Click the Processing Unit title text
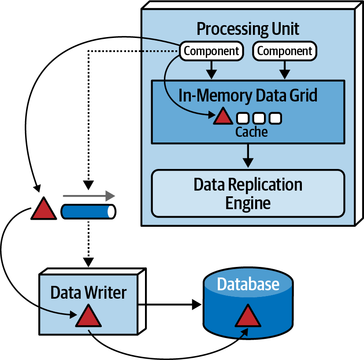248,29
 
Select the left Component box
211,51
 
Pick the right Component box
285,51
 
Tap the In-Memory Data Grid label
248,95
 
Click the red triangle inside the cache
223,116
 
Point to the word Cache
251,131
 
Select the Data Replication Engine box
248,193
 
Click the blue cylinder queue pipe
88,211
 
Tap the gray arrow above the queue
89,195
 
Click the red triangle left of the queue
44,209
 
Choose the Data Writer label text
88,292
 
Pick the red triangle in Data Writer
89,316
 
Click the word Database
248,284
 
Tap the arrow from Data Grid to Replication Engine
248,155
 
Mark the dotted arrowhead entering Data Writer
89,261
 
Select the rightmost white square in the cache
275,118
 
